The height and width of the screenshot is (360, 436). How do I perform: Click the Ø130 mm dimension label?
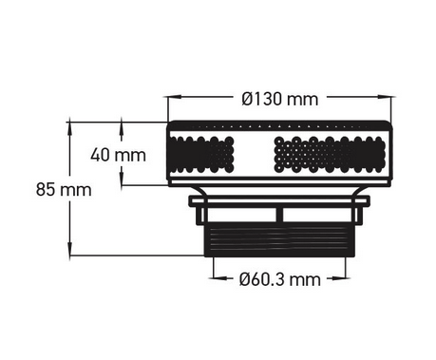[x=279, y=99]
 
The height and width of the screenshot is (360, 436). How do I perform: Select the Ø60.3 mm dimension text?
[x=279, y=278]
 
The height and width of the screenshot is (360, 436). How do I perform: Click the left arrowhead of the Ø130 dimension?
[x=172, y=98]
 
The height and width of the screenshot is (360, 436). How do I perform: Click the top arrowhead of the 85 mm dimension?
[x=73, y=124]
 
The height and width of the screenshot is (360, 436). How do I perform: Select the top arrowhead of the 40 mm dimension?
[x=123, y=124]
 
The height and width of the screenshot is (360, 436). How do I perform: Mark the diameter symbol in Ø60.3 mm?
[x=244, y=278]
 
